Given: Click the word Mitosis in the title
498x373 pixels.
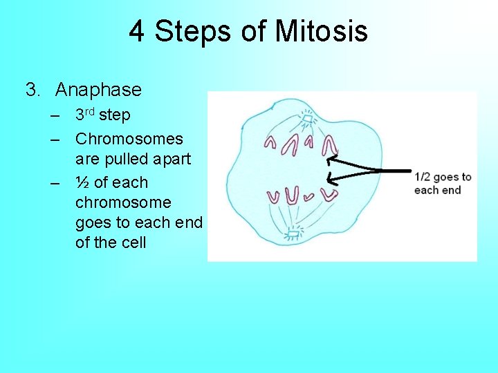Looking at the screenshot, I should point(322,32).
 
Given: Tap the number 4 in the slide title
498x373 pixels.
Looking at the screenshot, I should point(138,32).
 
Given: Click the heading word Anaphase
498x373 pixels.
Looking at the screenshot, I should point(98,90).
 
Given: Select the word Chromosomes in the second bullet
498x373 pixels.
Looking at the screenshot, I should point(129,139).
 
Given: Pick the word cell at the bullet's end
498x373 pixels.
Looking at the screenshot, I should point(131,242).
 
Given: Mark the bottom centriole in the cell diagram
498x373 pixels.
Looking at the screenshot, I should point(293,233).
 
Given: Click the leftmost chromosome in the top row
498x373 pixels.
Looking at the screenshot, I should point(270,142).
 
